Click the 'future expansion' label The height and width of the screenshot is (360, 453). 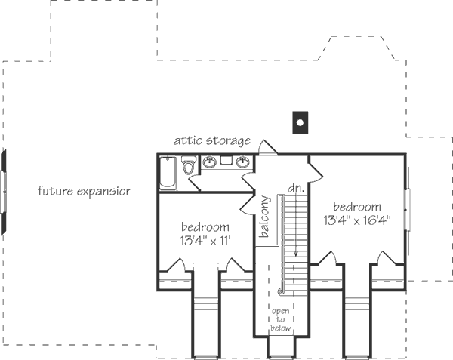85,191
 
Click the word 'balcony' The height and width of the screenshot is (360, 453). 265,217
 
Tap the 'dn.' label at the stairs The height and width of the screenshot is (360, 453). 294,187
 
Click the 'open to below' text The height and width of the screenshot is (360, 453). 280,318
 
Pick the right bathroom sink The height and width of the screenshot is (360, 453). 243,162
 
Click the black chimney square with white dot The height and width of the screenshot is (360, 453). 300,121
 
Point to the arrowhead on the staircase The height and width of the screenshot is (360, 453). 296,254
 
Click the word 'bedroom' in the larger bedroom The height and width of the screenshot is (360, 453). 356,206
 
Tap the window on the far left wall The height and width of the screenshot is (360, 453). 4,192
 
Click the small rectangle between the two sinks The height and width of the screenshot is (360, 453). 226,161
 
